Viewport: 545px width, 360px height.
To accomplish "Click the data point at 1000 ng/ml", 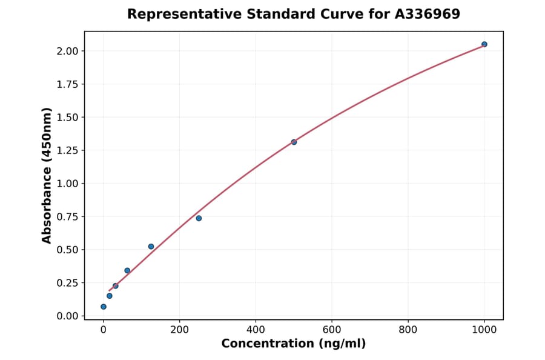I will pos(484,44).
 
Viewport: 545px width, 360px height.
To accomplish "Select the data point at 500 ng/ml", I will pos(294,142).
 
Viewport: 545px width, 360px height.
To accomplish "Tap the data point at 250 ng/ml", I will pos(199,218).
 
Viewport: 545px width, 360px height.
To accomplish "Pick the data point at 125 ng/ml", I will pos(151,247).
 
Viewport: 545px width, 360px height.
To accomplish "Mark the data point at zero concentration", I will pos(104,307).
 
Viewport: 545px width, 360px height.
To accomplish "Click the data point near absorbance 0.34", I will pos(127,270).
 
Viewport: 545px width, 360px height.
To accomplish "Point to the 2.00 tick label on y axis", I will pos(67,51).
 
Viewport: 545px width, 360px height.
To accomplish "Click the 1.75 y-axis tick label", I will pos(67,84).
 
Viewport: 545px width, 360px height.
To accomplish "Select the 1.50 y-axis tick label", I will pos(67,117).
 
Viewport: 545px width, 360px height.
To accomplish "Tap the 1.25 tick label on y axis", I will pos(67,150).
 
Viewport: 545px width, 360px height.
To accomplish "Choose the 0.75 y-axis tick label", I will pos(67,216).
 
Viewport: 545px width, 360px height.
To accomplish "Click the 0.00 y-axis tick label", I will pos(67,316).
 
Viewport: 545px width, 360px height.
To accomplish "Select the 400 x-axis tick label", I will pos(256,330).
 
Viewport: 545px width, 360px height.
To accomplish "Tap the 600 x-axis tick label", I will pos(332,330).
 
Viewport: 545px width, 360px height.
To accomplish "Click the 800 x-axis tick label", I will pos(408,330).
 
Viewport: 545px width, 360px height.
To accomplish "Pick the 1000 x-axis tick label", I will pos(484,330).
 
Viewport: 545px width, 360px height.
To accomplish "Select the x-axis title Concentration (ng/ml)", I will pos(294,344).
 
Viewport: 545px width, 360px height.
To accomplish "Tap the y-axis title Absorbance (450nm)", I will pos(47,175).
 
